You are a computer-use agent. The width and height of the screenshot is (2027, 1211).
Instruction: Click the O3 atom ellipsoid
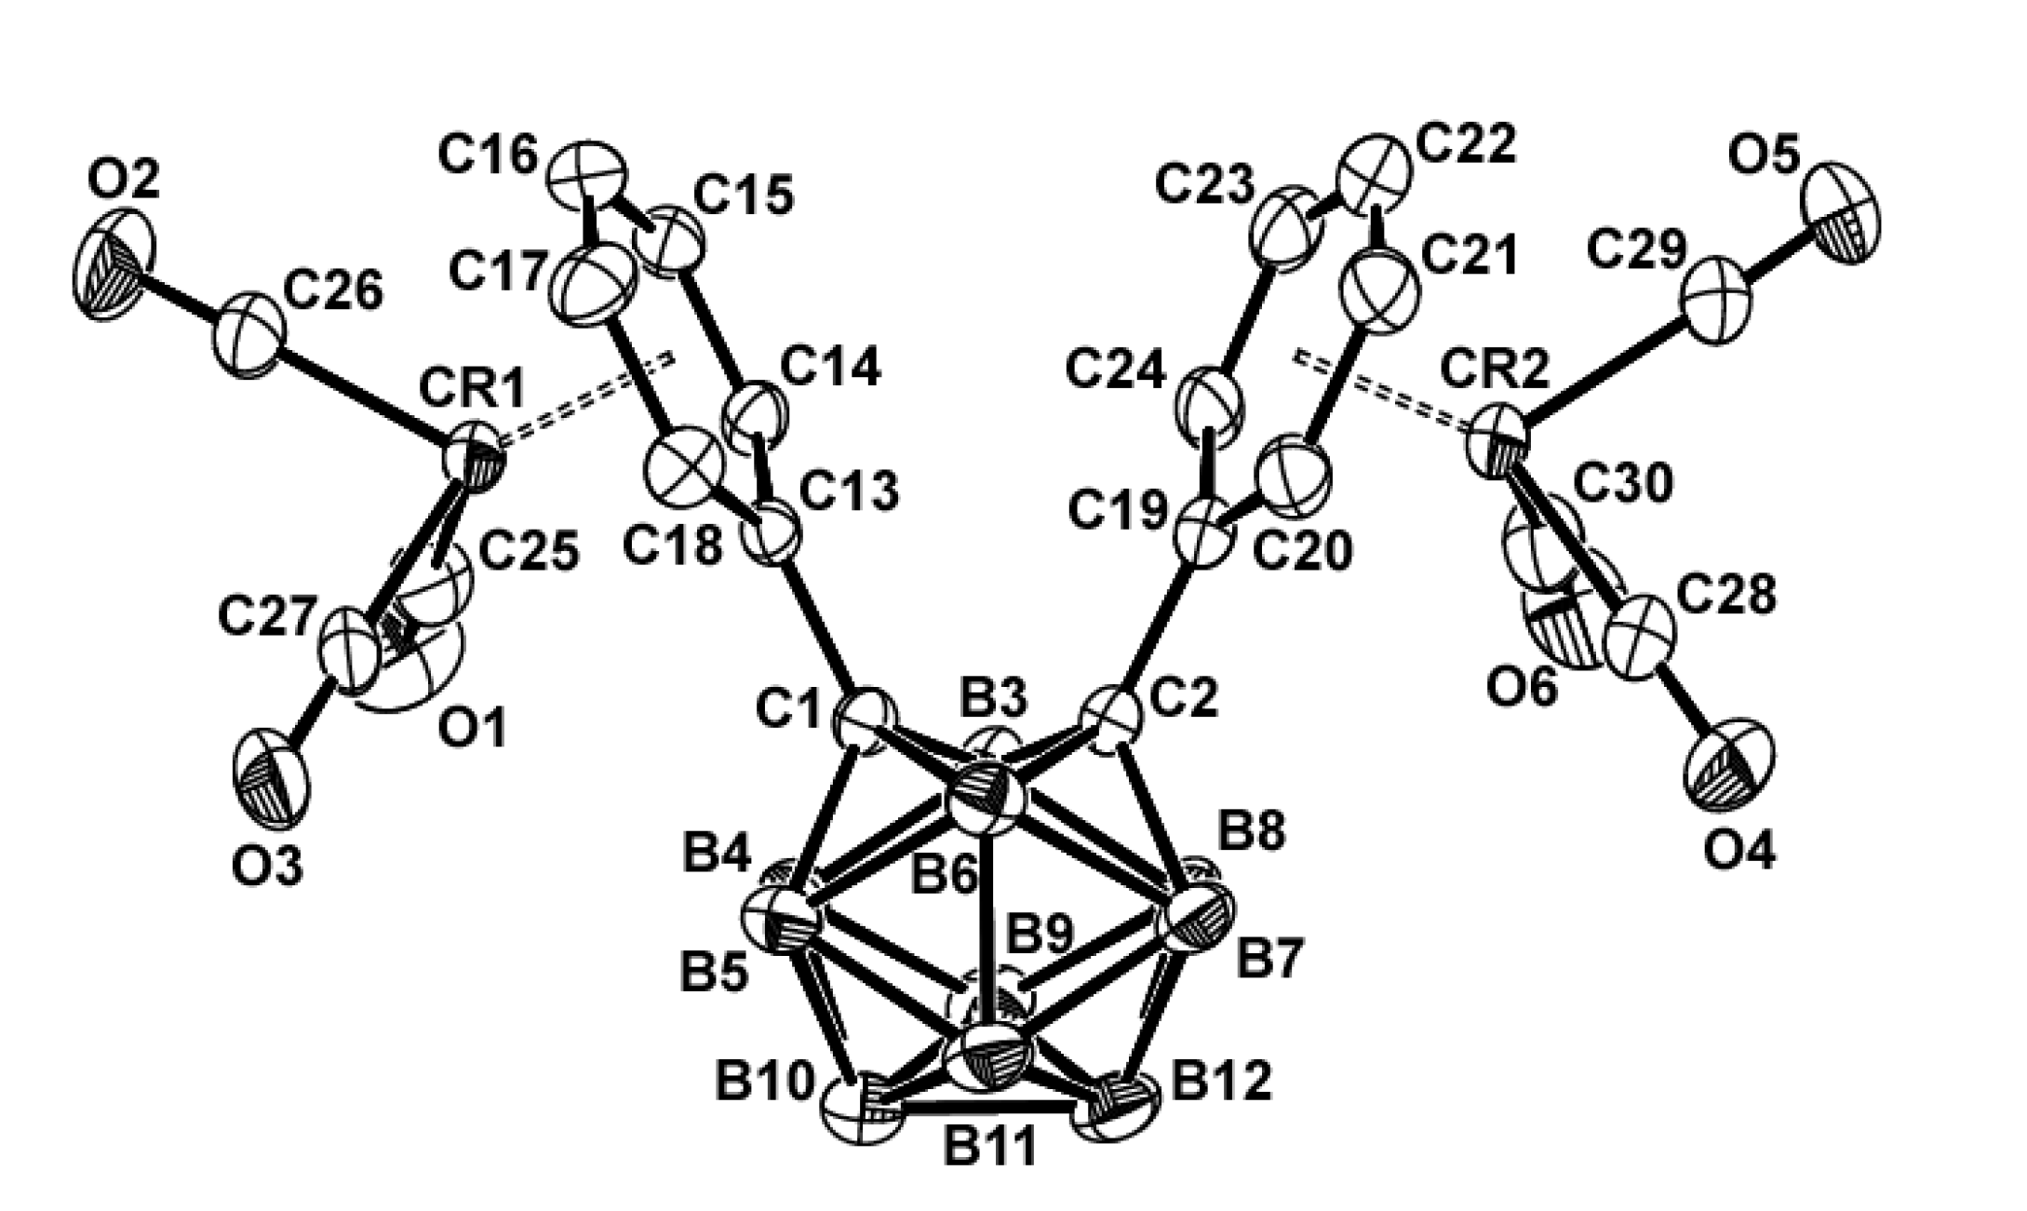pyautogui.click(x=272, y=780)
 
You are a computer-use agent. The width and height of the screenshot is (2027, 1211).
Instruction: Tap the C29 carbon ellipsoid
pyautogui.click(x=1717, y=303)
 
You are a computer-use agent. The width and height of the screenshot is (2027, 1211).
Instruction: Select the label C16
pyautogui.click(x=489, y=156)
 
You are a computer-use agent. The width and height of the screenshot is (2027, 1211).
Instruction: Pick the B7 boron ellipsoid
pyautogui.click(x=1200, y=916)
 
